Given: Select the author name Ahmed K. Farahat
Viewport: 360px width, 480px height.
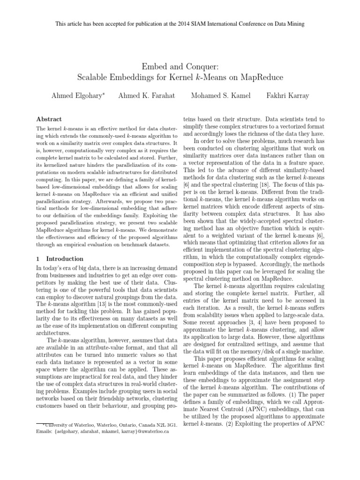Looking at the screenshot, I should tap(146, 96).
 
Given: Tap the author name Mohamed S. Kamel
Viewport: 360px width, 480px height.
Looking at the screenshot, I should tap(221, 96).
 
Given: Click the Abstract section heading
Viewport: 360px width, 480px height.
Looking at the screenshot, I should tap(49, 120).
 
